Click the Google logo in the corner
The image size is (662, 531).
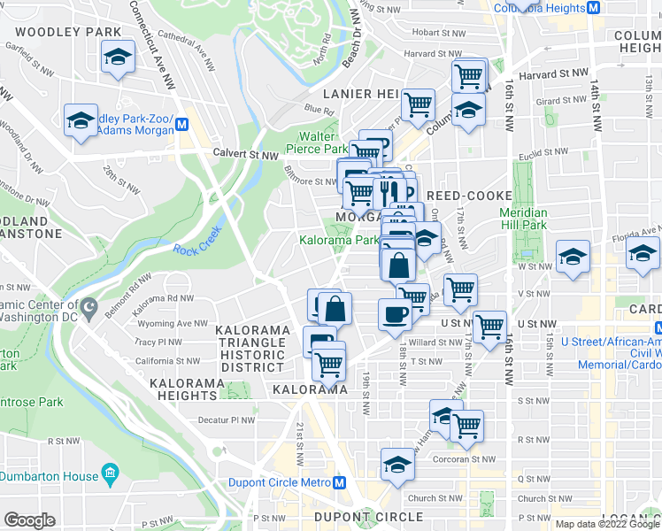coord(30,519)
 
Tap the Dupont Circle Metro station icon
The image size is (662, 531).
coord(337,483)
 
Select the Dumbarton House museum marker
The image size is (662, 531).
coord(110,476)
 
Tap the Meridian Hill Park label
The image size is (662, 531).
coord(523,219)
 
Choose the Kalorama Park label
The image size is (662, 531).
coord(339,240)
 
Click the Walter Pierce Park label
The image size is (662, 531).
coord(322,142)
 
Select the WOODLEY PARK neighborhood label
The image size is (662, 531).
coord(67,32)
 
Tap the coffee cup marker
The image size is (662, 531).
coord(394,313)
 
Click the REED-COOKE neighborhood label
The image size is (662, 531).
coord(469,196)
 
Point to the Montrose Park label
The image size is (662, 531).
coord(32,402)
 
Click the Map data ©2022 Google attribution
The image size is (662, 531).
coord(606,524)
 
